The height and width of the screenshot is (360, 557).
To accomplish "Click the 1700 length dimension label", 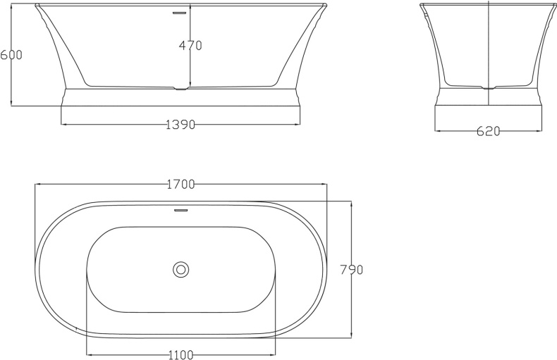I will point(180,185).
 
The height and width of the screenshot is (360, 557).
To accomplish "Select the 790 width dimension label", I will point(351,269).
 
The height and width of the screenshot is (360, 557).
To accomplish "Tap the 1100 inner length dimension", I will point(181,355).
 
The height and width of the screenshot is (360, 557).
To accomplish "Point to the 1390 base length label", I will point(180,125).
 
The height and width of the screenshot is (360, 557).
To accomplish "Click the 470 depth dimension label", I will point(190,46).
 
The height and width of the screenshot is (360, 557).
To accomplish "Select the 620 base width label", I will point(488,131).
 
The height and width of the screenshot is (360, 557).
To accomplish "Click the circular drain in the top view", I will point(181,268).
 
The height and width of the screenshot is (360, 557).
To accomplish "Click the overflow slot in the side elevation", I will point(181,12).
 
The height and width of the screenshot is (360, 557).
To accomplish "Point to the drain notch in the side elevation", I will point(181,89).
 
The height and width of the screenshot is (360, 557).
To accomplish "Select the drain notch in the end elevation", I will point(488,89).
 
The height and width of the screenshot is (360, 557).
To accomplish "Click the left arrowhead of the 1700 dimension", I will point(38,185).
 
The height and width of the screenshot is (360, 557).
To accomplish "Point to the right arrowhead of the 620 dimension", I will point(540,131).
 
